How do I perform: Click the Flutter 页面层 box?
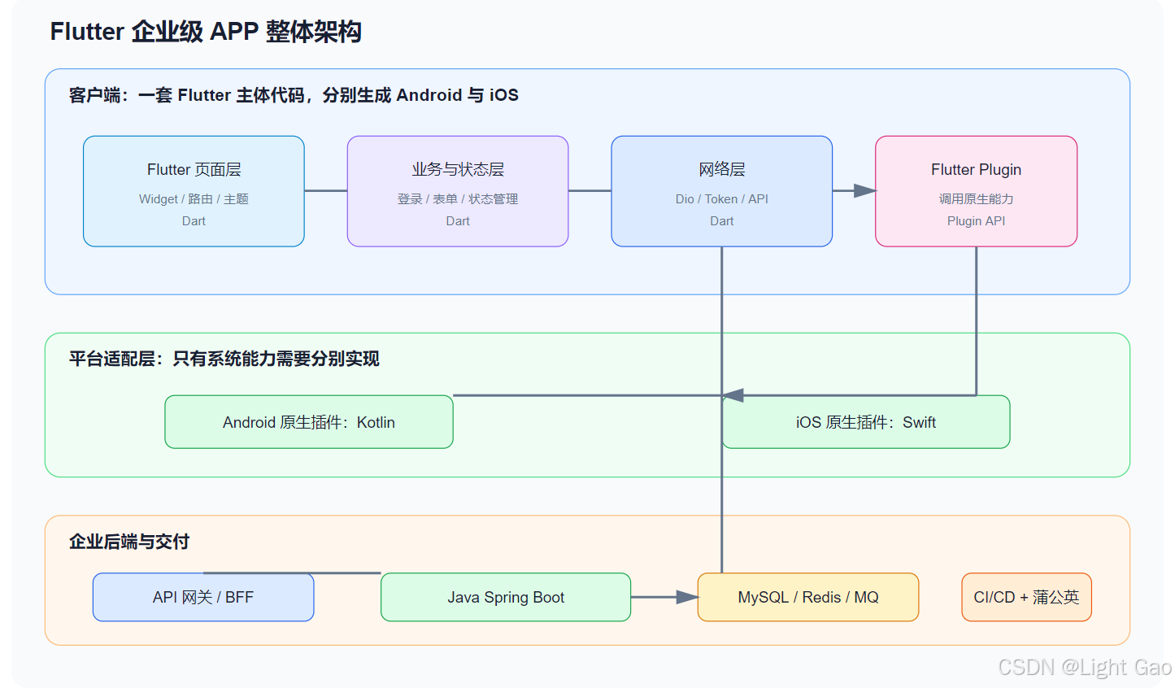click(194, 191)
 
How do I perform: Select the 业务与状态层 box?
click(458, 191)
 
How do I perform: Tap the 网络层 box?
click(721, 191)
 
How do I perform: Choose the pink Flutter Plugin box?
click(976, 191)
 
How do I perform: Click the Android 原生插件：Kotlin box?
click(308, 422)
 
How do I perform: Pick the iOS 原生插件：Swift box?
click(865, 422)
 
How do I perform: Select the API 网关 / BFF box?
click(203, 597)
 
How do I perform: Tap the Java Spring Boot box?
click(506, 597)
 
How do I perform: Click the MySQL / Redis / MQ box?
click(807, 597)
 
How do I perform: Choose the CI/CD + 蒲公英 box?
click(1026, 597)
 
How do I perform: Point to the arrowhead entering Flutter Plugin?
click(864, 190)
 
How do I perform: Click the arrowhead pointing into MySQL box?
click(687, 597)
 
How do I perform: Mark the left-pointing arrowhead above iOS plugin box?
click(733, 395)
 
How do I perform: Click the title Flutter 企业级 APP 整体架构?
click(206, 32)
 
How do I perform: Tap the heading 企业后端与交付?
click(129, 542)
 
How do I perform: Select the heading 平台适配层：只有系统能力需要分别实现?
click(224, 359)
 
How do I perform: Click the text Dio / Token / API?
click(721, 199)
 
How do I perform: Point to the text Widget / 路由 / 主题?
click(194, 199)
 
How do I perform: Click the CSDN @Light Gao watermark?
click(1085, 667)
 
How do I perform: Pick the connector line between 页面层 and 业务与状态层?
click(326, 190)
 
